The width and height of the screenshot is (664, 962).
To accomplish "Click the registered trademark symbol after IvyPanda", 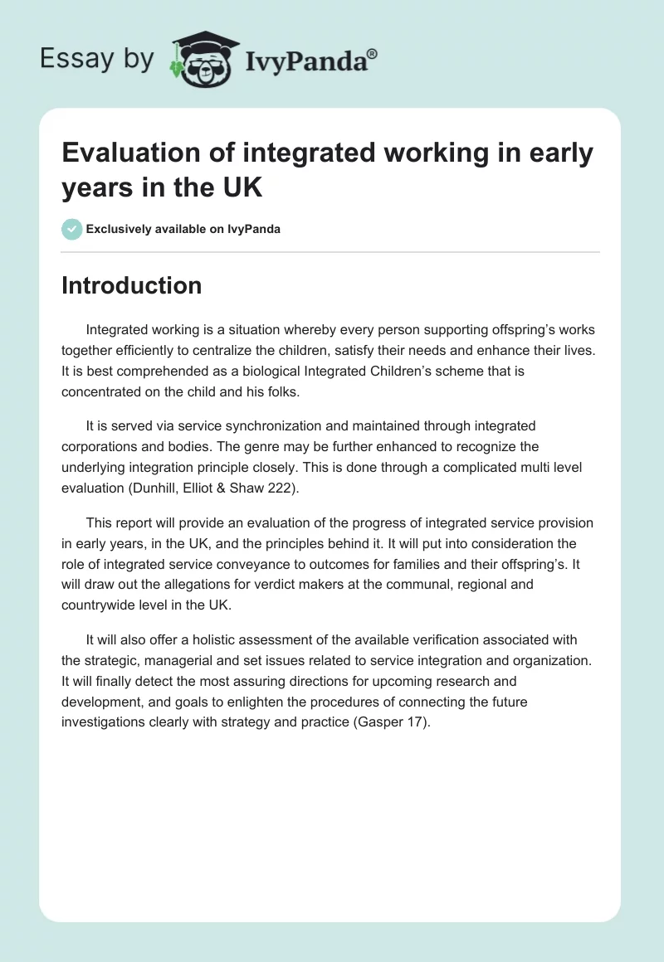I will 372,54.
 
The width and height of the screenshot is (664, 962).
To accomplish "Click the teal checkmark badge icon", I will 72,229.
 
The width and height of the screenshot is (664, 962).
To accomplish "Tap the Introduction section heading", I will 132,285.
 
